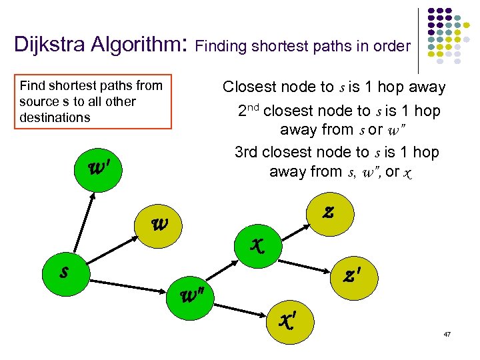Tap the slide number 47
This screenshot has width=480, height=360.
pos(447,333)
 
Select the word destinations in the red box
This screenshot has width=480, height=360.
pos(55,117)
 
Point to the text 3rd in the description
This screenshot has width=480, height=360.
pos(248,152)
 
